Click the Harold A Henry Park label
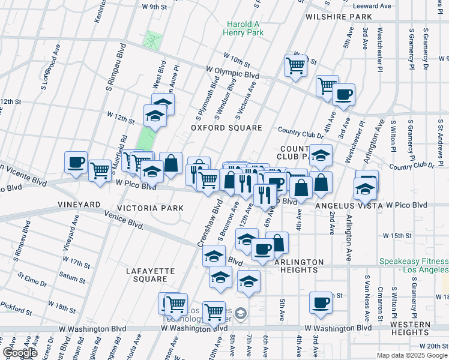pyautogui.click(x=243, y=28)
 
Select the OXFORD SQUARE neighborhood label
pyautogui.click(x=227, y=128)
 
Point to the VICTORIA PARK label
pyautogui.click(x=150, y=208)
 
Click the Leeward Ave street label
pyautogui.click(x=377, y=5)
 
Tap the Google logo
pyautogui.click(x=20, y=353)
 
